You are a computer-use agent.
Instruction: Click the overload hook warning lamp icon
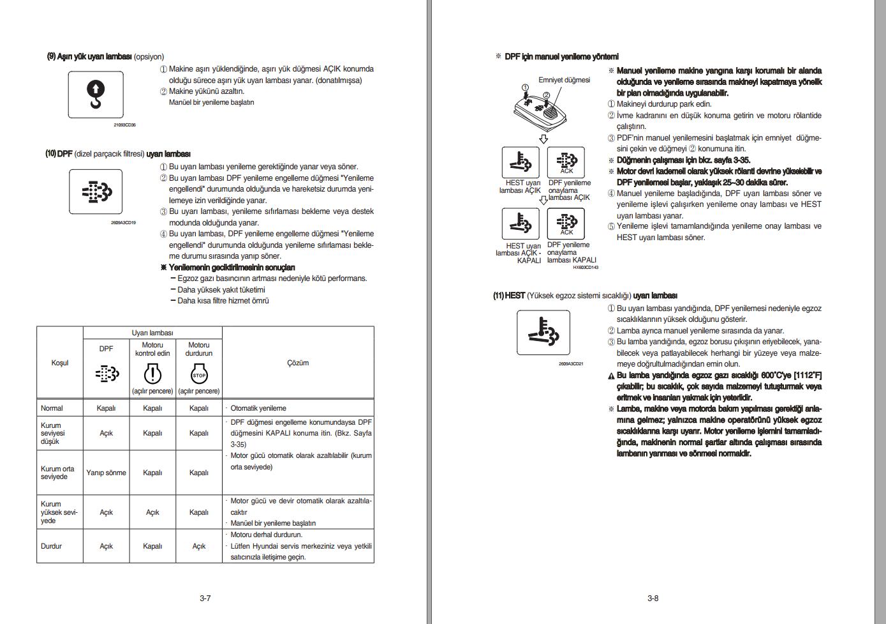pyautogui.click(x=95, y=95)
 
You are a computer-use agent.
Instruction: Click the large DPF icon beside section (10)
pyautogui.click(x=96, y=192)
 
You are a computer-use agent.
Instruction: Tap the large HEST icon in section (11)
pyautogui.click(x=543, y=332)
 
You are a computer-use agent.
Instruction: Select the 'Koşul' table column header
pyautogui.click(x=59, y=363)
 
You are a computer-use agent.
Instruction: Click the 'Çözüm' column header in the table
pyautogui.click(x=298, y=363)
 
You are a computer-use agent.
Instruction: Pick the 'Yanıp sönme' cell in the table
pyautogui.click(x=106, y=473)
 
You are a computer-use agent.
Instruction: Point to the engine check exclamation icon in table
pyautogui.click(x=152, y=374)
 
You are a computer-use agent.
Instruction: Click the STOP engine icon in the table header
pyautogui.click(x=199, y=375)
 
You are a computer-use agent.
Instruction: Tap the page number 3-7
pyautogui.click(x=205, y=598)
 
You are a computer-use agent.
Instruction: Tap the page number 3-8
pyautogui.click(x=653, y=598)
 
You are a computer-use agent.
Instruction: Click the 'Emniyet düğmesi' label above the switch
pyautogui.click(x=564, y=80)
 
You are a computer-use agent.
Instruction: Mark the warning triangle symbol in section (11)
pyautogui.click(x=611, y=376)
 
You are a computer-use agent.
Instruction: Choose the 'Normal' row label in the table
pyautogui.click(x=52, y=408)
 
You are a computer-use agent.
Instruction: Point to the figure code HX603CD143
pyautogui.click(x=585, y=268)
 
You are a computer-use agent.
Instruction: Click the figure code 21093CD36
pyautogui.click(x=125, y=125)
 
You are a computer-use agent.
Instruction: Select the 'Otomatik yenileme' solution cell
pyautogui.click(x=258, y=408)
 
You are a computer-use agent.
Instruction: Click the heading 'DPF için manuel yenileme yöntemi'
pyautogui.click(x=561, y=57)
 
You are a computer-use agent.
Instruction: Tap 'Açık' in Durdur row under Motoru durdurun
pyautogui.click(x=199, y=546)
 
